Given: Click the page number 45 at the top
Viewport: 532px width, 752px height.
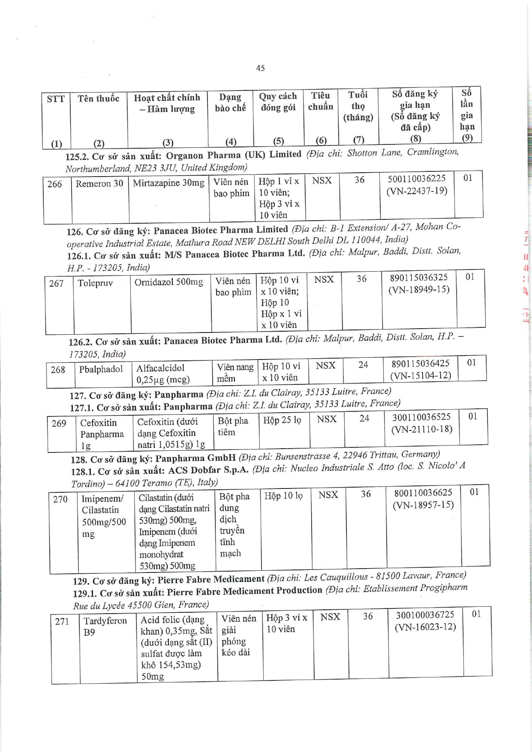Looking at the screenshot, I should (x=260, y=68).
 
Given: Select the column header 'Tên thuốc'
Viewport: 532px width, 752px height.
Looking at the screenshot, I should (x=99, y=99).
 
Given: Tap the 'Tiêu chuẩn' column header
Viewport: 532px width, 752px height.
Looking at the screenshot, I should (x=321, y=101).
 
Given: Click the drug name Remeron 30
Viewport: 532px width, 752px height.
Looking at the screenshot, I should (x=99, y=183).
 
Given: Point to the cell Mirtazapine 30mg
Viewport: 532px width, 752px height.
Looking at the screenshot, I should (x=168, y=183).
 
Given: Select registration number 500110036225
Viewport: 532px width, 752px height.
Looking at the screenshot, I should (x=416, y=179).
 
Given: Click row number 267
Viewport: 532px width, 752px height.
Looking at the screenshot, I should (x=56, y=283).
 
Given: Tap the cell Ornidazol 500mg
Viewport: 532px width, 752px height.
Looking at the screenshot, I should (x=168, y=282).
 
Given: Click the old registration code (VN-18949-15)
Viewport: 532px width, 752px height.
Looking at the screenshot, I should (x=419, y=290).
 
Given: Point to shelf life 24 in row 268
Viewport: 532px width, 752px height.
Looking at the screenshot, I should (x=363, y=365).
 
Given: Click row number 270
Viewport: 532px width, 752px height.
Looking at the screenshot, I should (x=60, y=499).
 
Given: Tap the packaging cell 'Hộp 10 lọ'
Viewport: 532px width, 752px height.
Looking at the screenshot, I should (x=283, y=496).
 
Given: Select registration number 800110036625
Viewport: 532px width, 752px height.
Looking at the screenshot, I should (x=423, y=493).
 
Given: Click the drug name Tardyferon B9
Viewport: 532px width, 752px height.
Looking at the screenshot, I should (x=105, y=626).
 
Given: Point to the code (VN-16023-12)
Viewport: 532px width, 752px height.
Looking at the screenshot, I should (x=425, y=627).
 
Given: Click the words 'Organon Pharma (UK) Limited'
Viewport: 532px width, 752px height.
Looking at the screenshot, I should (x=234, y=155).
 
